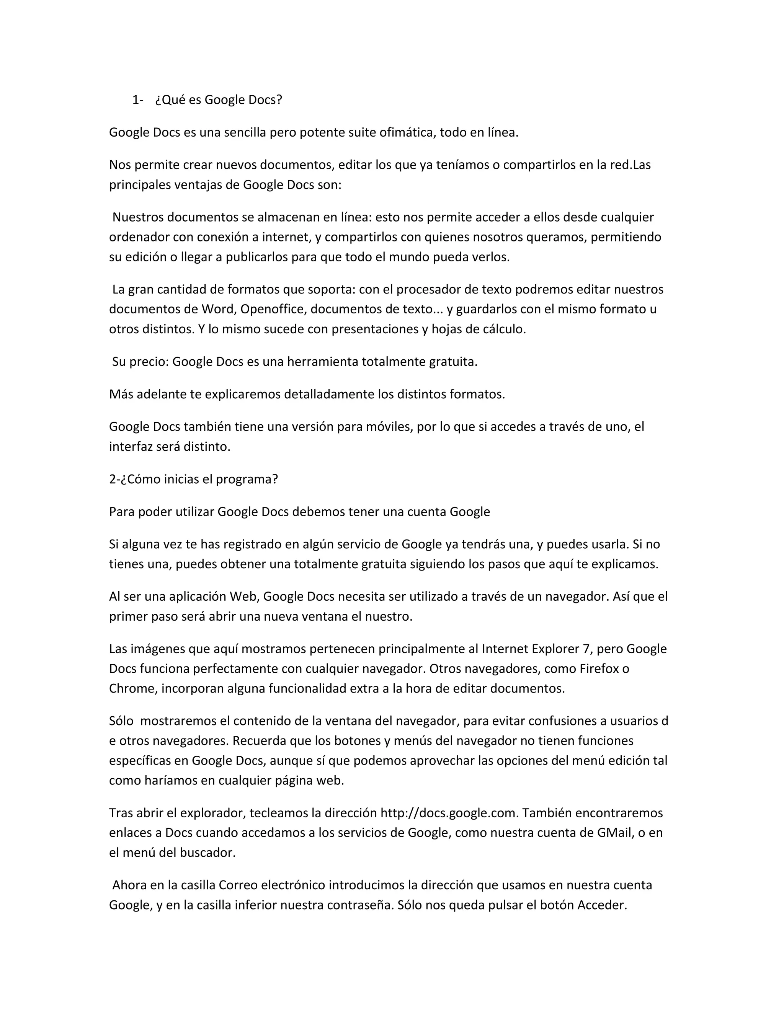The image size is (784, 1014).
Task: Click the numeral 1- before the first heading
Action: pos(137,100)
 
